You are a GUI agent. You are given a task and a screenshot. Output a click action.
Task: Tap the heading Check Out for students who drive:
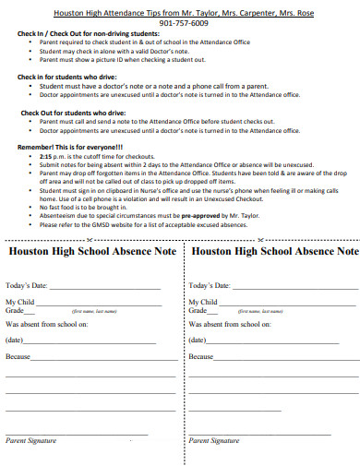pyautogui.click(x=73, y=112)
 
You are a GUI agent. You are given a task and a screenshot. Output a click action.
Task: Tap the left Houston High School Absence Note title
pyautogui.click(x=91, y=251)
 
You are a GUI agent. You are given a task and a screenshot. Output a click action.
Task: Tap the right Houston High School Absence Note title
pyautogui.click(x=274, y=251)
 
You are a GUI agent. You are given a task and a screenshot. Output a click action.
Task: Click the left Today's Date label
pyautogui.click(x=30, y=286)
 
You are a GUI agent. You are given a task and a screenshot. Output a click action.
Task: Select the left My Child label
pyautogui.click(x=23, y=302)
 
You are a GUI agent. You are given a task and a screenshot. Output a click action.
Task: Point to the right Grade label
pyautogui.click(x=198, y=311)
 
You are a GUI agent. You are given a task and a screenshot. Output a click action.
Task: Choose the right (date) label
pyautogui.click(x=199, y=340)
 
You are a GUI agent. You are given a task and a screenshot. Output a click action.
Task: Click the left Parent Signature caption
pyautogui.click(x=31, y=441)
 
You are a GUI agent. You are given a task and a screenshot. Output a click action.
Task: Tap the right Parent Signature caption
pyautogui.click(x=213, y=441)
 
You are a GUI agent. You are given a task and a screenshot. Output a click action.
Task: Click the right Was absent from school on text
pyautogui.click(x=229, y=325)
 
